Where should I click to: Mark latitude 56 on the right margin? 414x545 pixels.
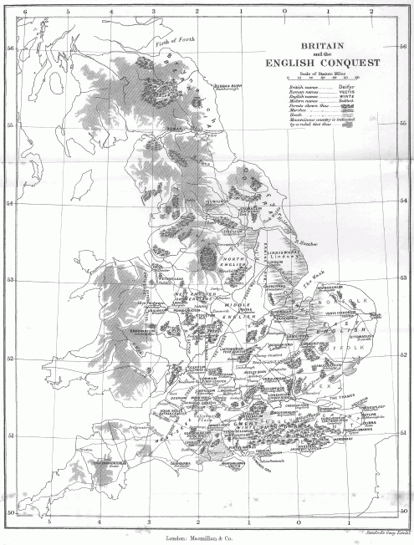[404, 48]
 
